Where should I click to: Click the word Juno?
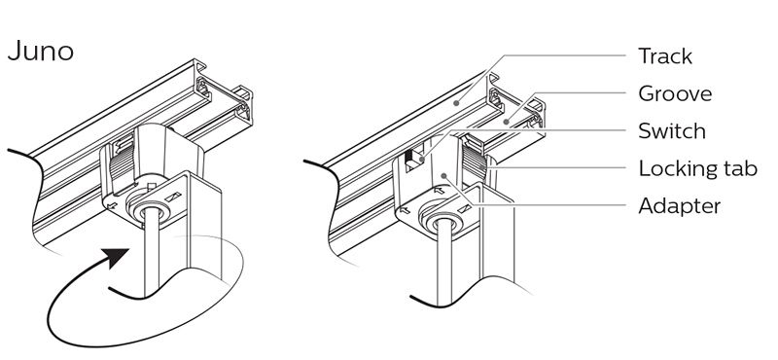[41, 52]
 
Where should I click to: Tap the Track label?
[665, 56]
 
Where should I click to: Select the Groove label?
[675, 93]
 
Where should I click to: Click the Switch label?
[672, 131]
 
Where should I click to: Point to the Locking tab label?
[697, 169]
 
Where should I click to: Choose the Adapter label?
[679, 205]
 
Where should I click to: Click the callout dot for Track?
[456, 104]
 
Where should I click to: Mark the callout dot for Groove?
[506, 122]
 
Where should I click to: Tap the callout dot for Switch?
[421, 160]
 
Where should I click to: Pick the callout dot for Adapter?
[443, 175]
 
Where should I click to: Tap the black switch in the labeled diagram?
[409, 157]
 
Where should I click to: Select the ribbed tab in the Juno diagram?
[122, 164]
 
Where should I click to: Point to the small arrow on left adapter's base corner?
[112, 204]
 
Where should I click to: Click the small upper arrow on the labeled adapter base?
[440, 189]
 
